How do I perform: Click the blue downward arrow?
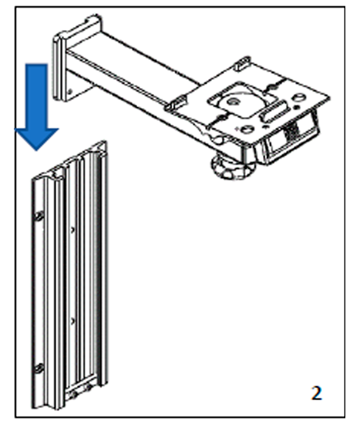point(36,106)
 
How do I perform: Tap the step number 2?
point(317,393)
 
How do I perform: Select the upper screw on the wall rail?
point(39,216)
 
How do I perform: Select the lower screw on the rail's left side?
point(39,368)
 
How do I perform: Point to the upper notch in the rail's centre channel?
point(72,231)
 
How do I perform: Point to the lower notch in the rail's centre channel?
point(72,321)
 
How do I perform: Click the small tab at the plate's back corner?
point(242,62)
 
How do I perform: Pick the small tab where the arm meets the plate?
point(176,103)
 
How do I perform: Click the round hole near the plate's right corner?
point(299,97)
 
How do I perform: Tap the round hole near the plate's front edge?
point(246,130)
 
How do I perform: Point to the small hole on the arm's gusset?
point(71,92)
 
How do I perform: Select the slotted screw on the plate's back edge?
point(271,87)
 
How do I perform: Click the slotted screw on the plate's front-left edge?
point(222,118)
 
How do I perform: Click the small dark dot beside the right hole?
point(297,107)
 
